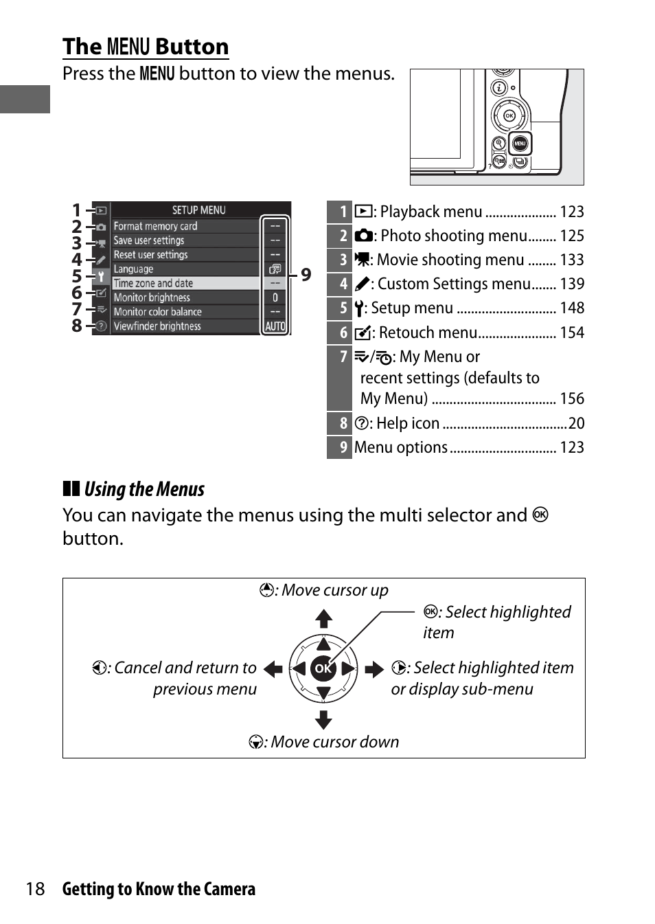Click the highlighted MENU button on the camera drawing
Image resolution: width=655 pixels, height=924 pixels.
point(520,144)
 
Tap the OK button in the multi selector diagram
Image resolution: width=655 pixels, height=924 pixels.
point(323,668)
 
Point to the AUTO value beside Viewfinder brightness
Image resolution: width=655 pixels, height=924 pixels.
point(275,326)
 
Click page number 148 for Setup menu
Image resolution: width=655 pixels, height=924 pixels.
point(572,308)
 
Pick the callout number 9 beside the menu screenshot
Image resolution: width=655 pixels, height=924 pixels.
point(306,275)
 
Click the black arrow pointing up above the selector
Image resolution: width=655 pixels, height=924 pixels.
point(323,619)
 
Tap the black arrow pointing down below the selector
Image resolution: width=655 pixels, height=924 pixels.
point(323,719)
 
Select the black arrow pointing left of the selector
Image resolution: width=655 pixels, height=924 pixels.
point(273,669)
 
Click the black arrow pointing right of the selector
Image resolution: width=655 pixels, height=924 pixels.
point(374,669)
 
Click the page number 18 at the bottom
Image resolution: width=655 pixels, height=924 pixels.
point(35,889)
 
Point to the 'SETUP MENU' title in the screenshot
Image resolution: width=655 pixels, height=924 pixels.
point(198,210)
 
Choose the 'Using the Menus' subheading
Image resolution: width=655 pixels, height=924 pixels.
point(144,489)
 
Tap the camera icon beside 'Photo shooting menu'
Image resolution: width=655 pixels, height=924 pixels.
point(363,236)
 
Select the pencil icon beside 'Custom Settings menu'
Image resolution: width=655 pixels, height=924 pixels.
point(362,284)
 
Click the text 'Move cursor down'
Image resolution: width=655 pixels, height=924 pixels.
point(334,742)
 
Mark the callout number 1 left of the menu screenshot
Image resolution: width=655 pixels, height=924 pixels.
point(77,210)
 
